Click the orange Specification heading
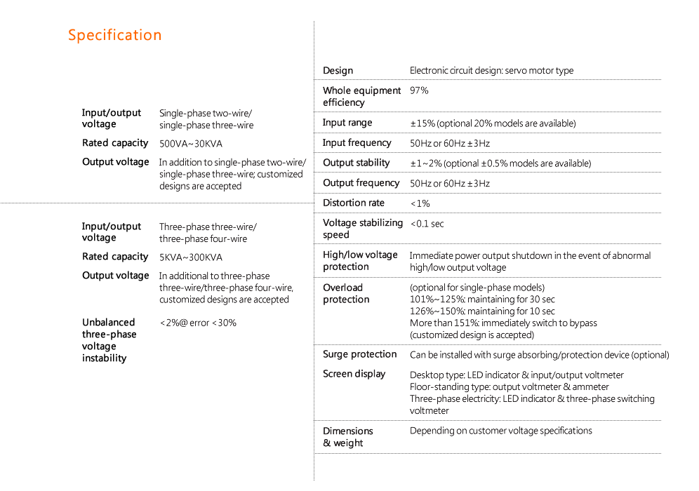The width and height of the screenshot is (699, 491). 114,35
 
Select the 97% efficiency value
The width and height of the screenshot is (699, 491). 419,90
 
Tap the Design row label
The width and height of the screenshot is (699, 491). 338,70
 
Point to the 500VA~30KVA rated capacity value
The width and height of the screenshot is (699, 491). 191,144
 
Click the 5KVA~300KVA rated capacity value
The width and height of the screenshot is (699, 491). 191,257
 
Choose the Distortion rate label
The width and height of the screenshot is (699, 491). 354,203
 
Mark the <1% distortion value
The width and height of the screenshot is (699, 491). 420,203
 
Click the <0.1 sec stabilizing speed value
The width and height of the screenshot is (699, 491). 427,224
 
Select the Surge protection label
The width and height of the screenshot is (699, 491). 360,354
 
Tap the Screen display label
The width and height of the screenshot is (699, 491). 354,374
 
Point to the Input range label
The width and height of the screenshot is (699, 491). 347,123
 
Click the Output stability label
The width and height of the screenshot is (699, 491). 357,163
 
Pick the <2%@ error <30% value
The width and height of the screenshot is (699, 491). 198,323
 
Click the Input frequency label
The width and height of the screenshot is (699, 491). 357,142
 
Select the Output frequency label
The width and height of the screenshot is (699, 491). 361,182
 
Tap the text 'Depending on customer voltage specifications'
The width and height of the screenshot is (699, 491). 500,431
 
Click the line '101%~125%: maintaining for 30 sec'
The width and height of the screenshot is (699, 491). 482,300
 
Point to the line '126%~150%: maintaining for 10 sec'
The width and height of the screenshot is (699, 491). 482,311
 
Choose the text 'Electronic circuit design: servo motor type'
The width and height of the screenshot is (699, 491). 491,70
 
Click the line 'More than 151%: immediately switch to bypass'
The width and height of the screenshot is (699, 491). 503,323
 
